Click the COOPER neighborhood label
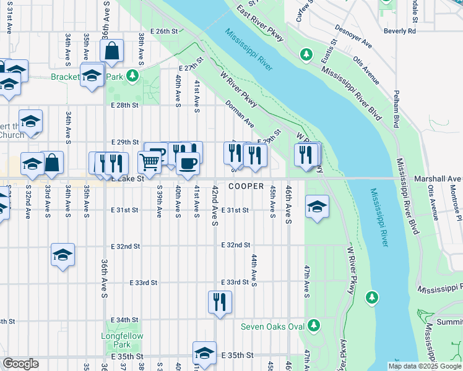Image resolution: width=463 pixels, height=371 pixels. pos(246,186)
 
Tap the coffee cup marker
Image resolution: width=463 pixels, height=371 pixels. pos(188,163)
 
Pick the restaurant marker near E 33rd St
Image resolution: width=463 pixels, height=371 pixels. pos(220,302)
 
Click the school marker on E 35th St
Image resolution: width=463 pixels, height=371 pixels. pos(204,352)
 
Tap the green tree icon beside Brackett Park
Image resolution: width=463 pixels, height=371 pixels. pos(131,76)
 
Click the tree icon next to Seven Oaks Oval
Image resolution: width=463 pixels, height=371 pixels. pos(313,325)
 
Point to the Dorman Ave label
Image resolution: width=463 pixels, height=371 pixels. pos(240,114)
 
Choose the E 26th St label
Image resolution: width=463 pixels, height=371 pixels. pos(164,31)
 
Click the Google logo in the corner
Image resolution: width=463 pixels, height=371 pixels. pos(20,364)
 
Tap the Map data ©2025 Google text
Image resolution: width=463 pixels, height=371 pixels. pos(425,366)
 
